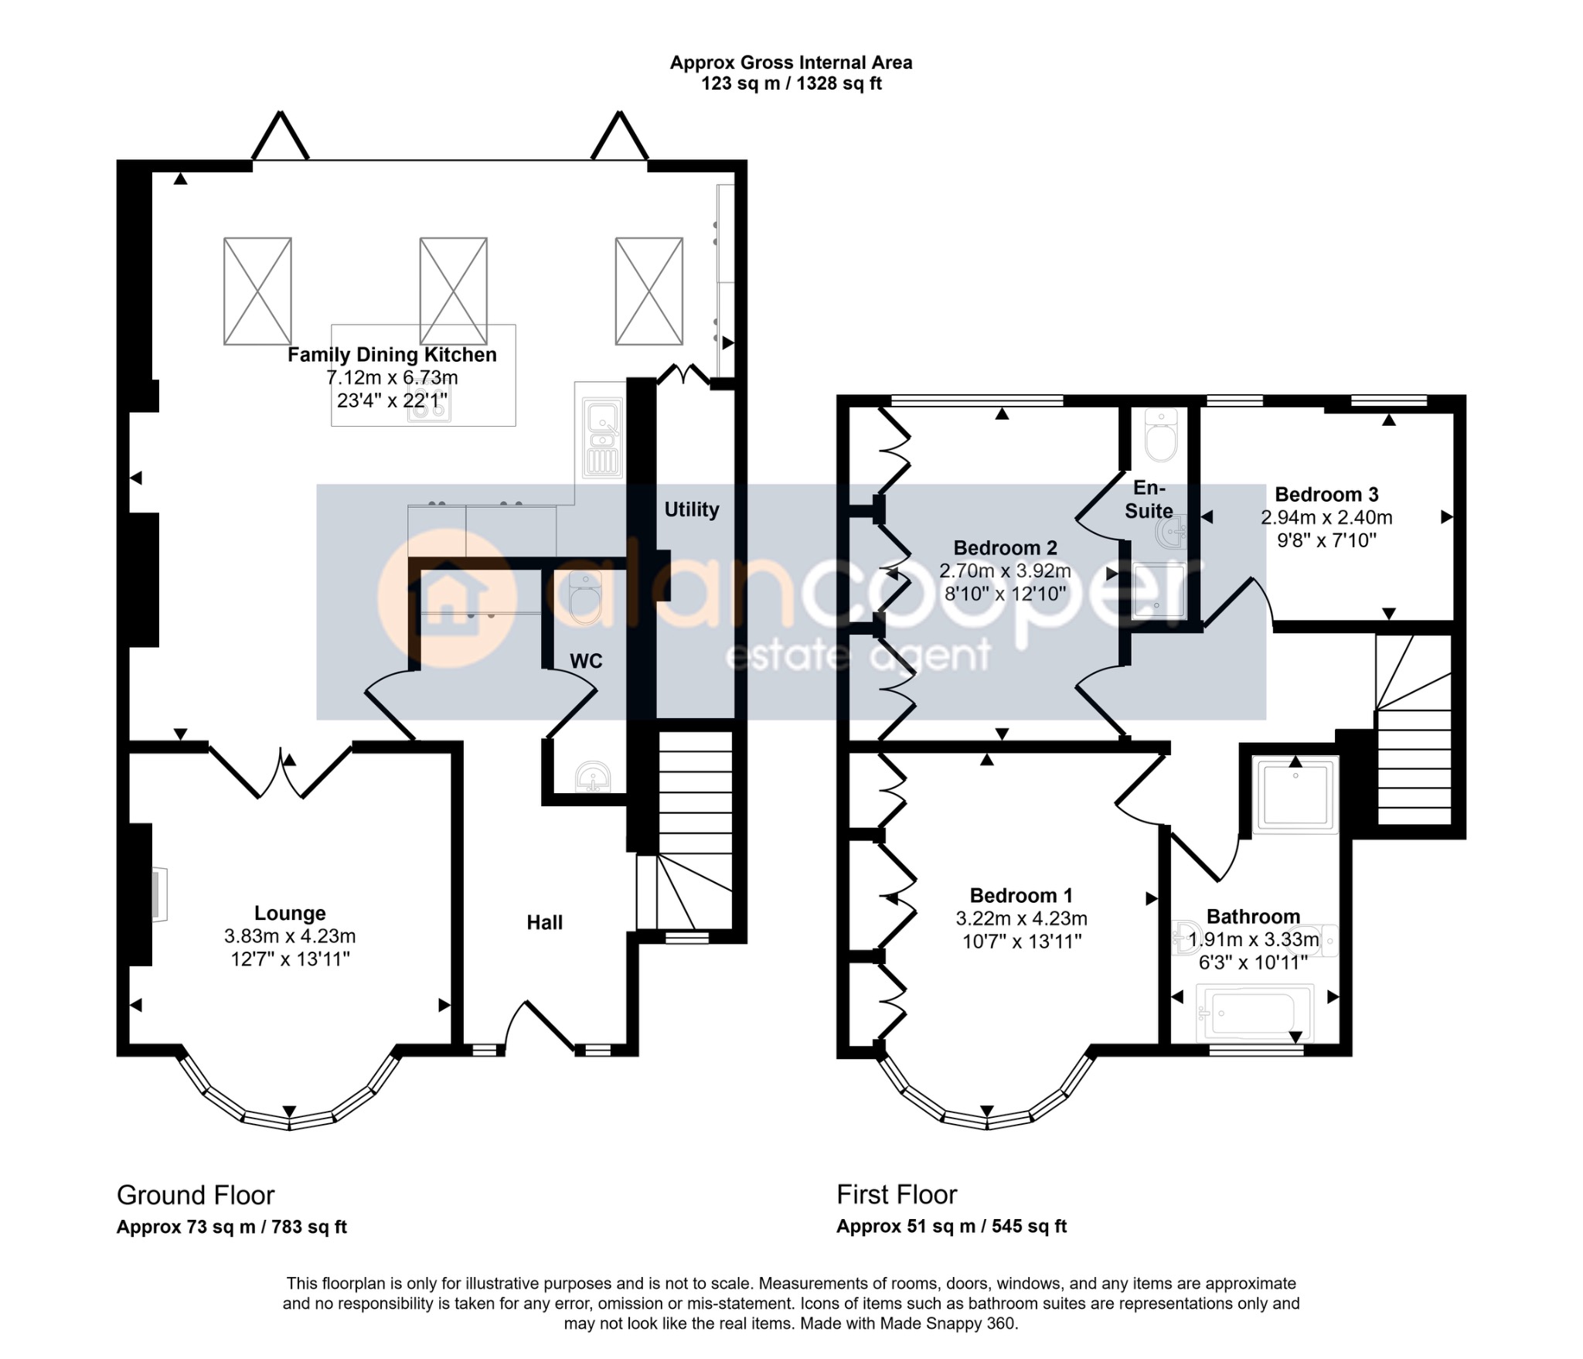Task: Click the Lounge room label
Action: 290,913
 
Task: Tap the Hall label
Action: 545,922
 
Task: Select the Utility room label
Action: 692,509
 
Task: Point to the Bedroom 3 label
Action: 1326,495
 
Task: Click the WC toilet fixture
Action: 584,597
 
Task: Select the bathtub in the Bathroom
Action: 1254,1013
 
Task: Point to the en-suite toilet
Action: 1160,434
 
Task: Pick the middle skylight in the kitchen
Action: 453,291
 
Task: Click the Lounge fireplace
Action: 158,895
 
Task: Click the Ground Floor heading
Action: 196,1195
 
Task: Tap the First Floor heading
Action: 897,1195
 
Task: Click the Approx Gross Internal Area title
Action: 791,63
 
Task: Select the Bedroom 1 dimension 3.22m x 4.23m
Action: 1021,919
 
